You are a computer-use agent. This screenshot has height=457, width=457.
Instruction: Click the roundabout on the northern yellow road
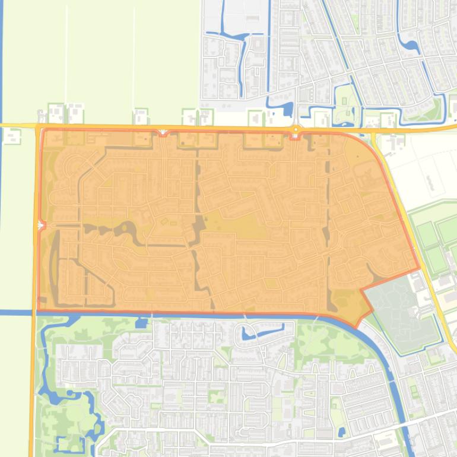tap(296, 129)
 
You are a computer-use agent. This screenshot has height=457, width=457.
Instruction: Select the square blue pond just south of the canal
tap(141, 323)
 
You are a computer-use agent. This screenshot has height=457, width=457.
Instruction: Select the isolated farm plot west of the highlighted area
tap(12, 137)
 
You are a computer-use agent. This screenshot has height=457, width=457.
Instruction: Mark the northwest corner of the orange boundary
tap(42, 129)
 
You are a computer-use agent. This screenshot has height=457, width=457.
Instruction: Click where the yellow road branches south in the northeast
tap(374, 134)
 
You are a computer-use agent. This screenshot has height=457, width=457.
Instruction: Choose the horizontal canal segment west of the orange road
tap(15, 312)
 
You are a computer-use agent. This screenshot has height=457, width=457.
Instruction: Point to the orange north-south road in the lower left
tap(33, 386)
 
